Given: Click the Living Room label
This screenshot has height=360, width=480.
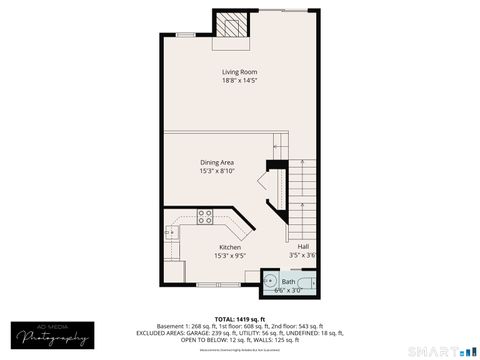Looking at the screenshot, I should (240, 72).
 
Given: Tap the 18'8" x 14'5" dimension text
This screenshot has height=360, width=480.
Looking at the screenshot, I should (240, 81).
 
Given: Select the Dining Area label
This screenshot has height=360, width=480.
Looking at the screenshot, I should (217, 162).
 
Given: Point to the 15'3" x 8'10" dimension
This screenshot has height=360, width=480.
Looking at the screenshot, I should (217, 171).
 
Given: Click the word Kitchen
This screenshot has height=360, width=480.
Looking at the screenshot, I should (230, 247).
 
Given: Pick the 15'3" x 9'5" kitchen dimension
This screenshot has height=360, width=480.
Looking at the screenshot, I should (230, 256).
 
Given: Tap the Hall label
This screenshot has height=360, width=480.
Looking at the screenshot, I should (302, 246).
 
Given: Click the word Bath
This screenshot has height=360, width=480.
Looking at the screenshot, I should (288, 282).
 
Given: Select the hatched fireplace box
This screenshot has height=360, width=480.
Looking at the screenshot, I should (234, 26).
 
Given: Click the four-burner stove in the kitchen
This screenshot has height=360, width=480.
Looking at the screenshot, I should (205, 215).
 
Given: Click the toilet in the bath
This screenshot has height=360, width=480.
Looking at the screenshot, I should (311, 284).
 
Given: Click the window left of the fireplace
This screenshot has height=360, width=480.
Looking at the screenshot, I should (186, 36).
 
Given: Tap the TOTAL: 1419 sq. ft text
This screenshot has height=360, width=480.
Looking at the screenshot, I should (240, 316).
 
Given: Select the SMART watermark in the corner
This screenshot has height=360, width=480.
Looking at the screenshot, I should (439, 351).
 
